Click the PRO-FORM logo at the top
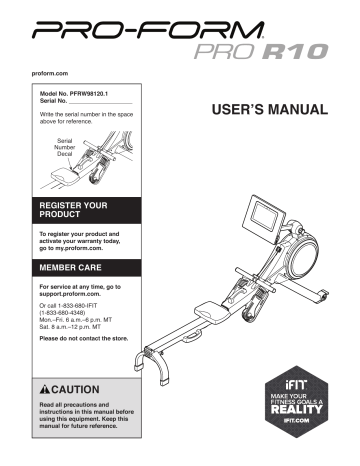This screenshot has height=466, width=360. pyautogui.click(x=179, y=31)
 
